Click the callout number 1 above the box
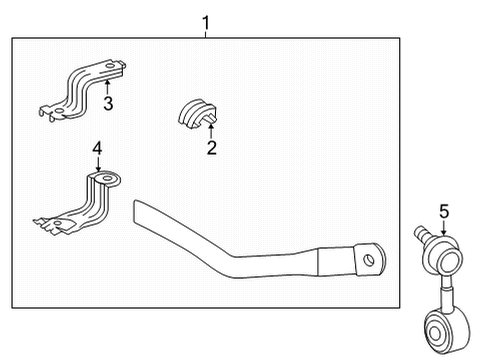click(x=206, y=21)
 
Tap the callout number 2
click(x=211, y=149)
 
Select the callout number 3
click(x=108, y=104)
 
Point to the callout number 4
click(x=97, y=150)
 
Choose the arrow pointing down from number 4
click(x=97, y=166)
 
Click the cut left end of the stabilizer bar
click(x=140, y=211)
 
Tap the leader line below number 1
click(x=206, y=32)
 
